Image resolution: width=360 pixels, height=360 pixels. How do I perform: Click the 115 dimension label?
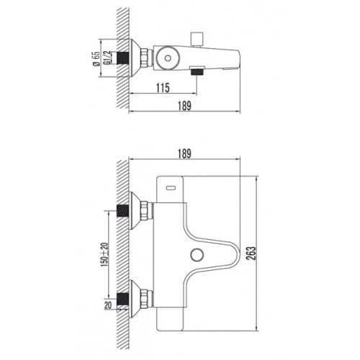[x=163, y=88]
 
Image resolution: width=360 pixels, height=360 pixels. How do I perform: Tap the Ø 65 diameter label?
[x=96, y=59]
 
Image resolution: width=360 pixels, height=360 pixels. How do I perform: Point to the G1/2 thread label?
[x=107, y=58]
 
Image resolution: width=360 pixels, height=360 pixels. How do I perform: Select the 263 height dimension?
[x=251, y=253]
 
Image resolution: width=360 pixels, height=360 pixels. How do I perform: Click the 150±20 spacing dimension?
[x=104, y=255]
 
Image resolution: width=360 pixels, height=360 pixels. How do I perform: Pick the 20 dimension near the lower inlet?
[x=108, y=305]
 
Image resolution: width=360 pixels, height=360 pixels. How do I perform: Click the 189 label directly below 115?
[x=184, y=106]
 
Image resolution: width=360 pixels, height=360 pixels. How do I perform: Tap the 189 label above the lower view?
[x=184, y=154]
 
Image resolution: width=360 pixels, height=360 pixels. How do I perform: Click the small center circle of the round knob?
[x=168, y=58]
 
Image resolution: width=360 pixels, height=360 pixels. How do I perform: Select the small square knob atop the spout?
[x=197, y=36]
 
